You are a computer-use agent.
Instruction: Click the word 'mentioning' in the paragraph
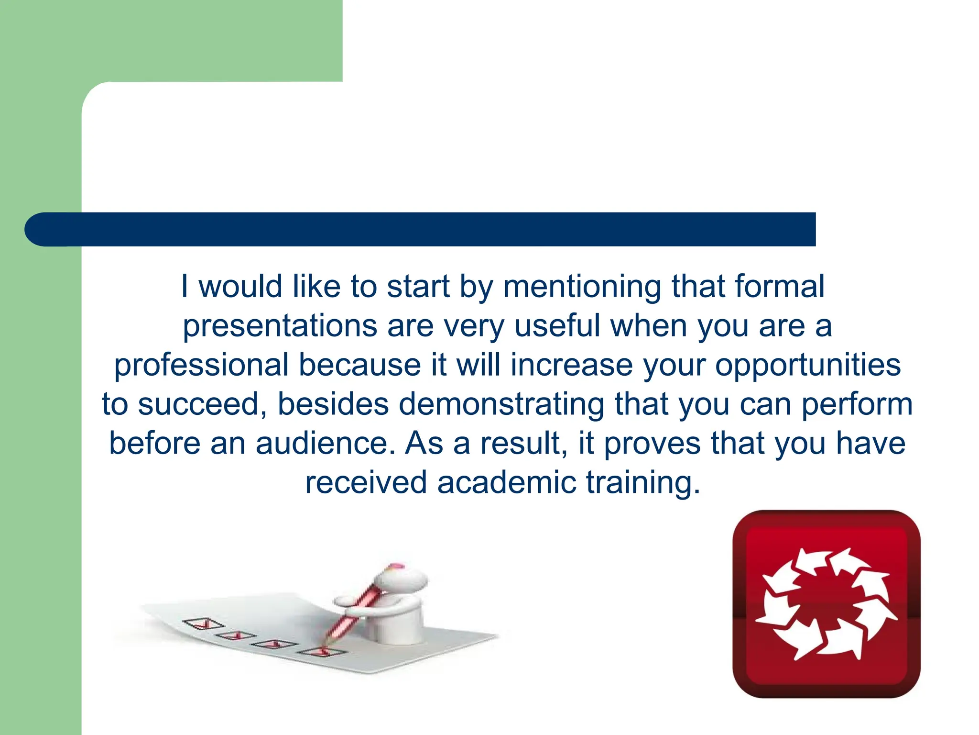pos(582,287)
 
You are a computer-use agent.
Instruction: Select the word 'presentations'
pos(280,326)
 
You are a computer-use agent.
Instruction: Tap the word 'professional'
pos(201,366)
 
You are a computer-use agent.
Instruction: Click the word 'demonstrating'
pos(501,405)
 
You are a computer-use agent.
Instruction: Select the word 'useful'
pos(557,325)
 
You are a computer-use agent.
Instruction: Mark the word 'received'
pos(366,482)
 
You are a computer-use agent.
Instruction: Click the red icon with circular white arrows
pos(826,603)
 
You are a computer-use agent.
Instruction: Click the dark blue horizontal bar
pos(430,229)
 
